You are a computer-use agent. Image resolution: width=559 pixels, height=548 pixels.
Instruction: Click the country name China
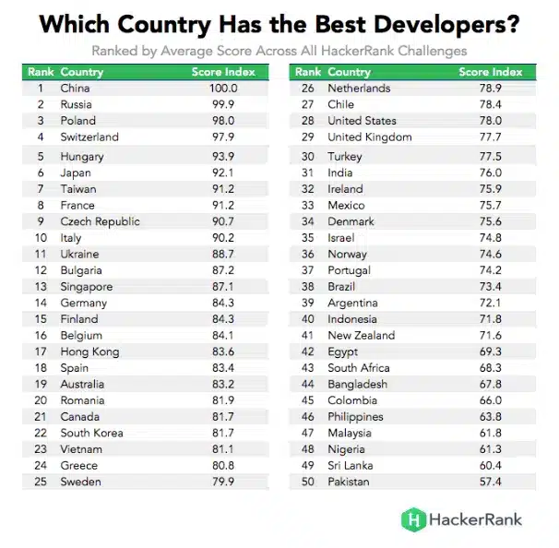[75, 89]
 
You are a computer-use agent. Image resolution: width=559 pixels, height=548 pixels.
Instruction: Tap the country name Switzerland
[89, 137]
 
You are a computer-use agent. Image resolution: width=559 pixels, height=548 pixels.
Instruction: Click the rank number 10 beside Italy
[41, 237]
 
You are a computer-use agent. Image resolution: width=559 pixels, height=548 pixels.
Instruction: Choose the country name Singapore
[87, 287]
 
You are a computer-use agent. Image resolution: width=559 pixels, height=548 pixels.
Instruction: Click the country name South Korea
[90, 433]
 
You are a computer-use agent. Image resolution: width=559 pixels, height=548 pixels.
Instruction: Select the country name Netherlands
[359, 89]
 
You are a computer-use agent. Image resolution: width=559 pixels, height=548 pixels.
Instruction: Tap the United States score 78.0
[490, 121]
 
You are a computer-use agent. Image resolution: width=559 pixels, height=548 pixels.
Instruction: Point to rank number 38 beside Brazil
[308, 287]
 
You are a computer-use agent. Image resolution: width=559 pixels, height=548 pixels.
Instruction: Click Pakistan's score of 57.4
[490, 482]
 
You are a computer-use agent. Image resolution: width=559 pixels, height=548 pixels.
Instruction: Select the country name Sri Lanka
[351, 466]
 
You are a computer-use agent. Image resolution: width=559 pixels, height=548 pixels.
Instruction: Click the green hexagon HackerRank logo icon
[411, 519]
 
